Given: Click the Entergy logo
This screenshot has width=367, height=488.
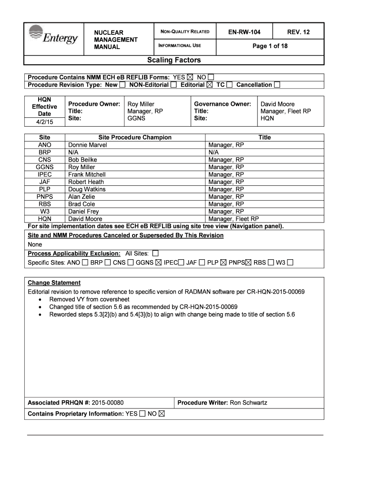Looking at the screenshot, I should tap(53, 35).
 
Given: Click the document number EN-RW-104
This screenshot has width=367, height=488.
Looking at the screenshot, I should tap(244, 32).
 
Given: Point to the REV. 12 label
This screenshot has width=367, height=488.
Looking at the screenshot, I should tap(298, 32).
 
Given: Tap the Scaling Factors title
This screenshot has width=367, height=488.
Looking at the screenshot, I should tap(174, 60).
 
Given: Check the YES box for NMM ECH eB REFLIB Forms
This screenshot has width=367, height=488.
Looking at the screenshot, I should tap(191, 77).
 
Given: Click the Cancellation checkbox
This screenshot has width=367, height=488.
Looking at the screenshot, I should tap(277, 85).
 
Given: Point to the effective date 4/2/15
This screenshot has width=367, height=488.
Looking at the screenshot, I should tap(44, 122).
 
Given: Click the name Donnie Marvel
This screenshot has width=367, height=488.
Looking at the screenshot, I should tap(88, 145).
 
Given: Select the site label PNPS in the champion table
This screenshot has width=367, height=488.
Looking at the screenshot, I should tap(44, 197).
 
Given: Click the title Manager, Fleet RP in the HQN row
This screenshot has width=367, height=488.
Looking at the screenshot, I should tap(234, 219).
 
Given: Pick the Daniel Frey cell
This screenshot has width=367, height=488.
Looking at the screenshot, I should tap(83, 212).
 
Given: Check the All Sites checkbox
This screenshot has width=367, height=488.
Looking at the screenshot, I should tap(155, 253).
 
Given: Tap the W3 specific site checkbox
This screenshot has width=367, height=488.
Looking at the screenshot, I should tap(290, 262).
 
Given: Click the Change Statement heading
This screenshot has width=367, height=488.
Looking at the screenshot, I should tap(54, 283).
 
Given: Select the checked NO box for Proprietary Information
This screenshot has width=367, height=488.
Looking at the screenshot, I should tap(161, 414).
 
